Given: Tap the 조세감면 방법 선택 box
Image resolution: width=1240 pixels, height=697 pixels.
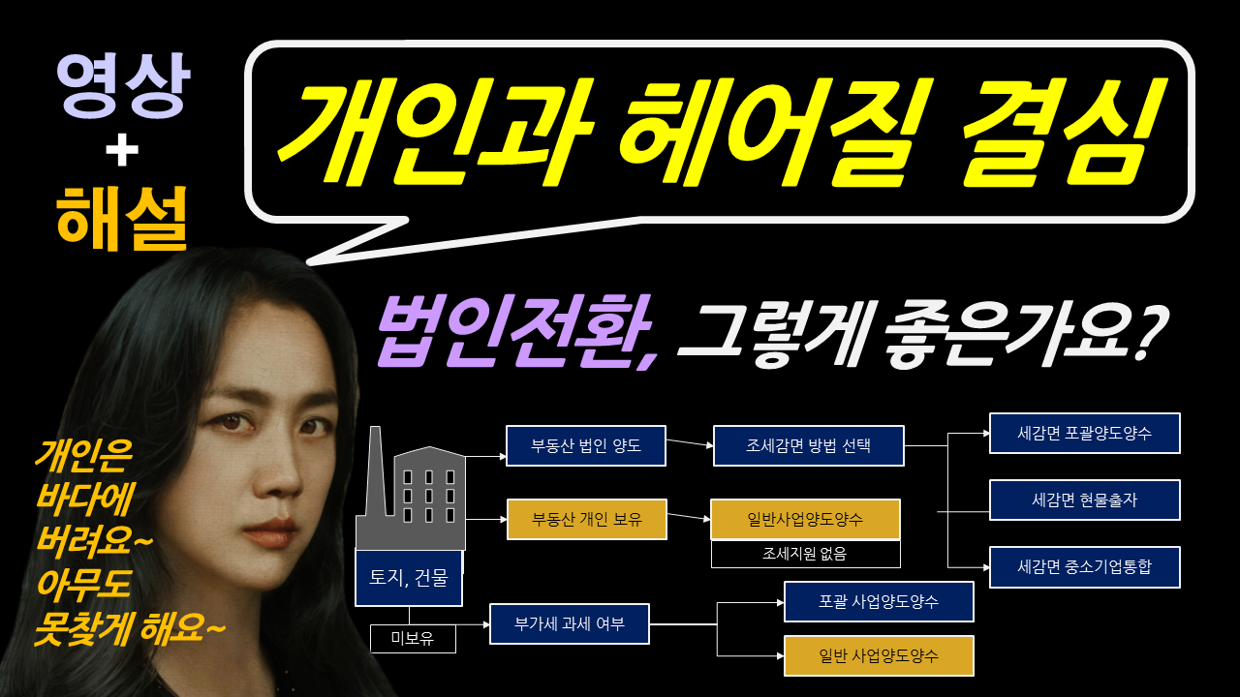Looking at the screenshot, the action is (808, 446).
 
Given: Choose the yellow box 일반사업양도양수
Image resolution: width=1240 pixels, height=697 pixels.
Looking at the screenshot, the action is (805, 520).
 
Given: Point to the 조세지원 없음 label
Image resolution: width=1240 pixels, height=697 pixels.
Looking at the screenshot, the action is (805, 555).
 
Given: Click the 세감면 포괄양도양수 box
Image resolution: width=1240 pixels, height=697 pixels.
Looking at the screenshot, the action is (1084, 433).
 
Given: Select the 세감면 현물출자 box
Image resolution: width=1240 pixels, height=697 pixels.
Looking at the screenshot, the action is (1084, 500).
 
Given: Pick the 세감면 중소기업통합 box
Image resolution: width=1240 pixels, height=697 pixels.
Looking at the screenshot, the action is (1084, 567).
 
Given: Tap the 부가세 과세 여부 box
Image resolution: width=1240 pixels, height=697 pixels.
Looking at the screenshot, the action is (569, 624).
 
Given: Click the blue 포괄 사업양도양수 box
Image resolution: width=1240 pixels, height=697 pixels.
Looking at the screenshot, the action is (878, 602).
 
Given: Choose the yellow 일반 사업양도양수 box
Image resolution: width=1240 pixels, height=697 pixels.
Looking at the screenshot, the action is (878, 655).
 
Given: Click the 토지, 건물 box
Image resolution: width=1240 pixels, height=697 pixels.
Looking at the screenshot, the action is (408, 578).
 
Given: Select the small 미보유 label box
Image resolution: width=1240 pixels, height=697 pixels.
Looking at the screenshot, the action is (412, 638).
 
